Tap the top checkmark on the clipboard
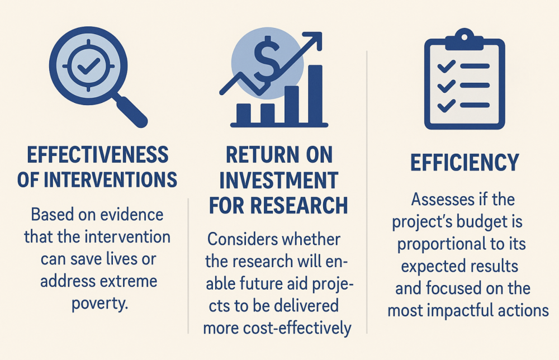446,67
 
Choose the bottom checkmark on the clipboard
446,104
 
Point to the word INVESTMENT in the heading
278,180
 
